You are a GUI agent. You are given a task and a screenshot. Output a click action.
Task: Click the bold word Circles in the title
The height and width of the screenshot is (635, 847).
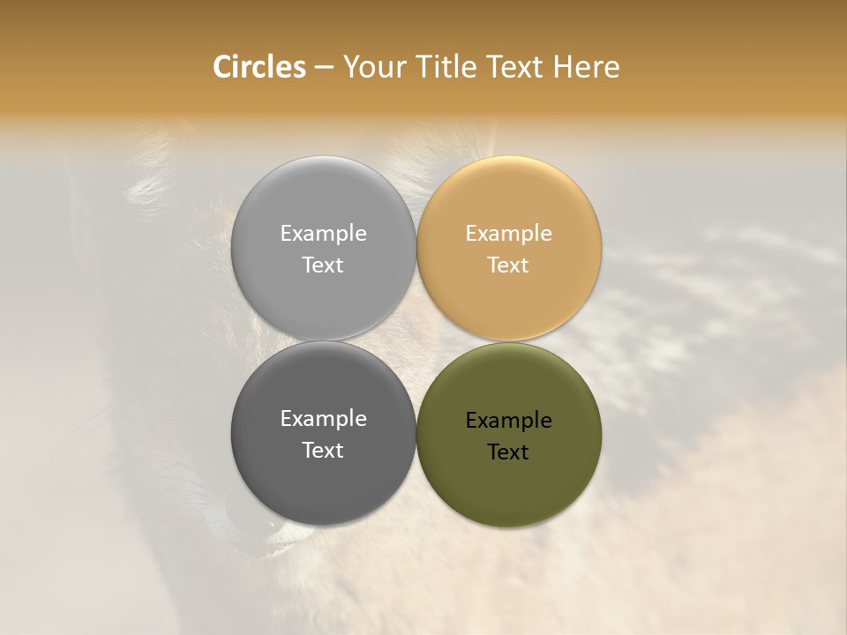(x=259, y=67)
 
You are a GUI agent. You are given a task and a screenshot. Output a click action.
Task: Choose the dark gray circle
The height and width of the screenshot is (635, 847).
(x=323, y=476)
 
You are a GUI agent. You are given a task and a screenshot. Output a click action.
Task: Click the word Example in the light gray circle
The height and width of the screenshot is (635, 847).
(x=323, y=234)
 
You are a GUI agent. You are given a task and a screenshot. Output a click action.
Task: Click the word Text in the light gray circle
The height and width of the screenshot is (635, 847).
(x=323, y=265)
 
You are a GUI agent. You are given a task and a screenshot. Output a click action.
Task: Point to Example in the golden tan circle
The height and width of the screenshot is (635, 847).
(x=508, y=234)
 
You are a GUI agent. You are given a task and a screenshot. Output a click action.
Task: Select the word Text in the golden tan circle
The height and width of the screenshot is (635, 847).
(x=508, y=265)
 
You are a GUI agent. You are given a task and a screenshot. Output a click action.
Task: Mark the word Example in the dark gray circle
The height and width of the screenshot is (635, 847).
(x=323, y=419)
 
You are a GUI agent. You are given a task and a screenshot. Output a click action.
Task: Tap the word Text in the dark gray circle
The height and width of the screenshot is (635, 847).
(x=323, y=451)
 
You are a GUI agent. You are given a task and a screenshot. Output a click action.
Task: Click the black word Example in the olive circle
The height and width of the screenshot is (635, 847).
(x=508, y=421)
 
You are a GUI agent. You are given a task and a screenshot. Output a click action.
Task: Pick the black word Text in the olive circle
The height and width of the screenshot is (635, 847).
(x=508, y=452)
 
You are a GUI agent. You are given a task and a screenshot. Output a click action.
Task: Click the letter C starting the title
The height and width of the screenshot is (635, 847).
(x=221, y=67)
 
